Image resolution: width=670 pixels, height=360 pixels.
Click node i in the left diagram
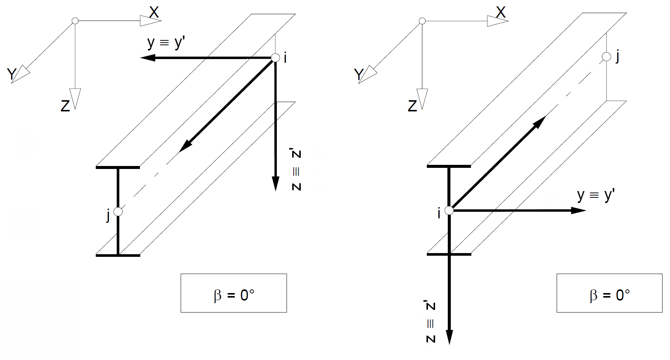pos(275,58)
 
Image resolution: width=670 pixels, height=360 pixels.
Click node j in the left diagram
pos(118,212)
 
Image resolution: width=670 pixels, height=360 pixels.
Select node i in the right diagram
pos(449,210)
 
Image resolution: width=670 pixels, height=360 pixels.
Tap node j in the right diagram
pos(606,57)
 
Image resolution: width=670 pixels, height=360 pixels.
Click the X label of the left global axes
pos(154,13)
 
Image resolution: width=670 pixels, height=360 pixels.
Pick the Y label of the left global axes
pos(12,74)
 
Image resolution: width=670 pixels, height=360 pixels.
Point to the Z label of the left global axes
pos(65,106)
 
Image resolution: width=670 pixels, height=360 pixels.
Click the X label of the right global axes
pos(501,13)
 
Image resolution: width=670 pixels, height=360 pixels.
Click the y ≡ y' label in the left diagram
pos(166,43)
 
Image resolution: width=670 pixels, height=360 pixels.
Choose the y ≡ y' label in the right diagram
pos(596,195)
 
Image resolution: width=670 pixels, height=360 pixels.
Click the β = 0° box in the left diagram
pos(233,293)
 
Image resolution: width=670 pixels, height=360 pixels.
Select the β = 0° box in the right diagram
pos(609,293)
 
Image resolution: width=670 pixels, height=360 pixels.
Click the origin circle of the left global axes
pos(75,21)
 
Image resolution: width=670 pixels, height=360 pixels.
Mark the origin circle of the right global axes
pos(422,21)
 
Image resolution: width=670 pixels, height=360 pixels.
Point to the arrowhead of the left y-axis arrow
pos(147,58)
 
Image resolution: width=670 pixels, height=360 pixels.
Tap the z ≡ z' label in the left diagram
pos(296,170)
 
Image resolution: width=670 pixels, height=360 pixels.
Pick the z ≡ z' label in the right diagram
pos(431,322)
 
